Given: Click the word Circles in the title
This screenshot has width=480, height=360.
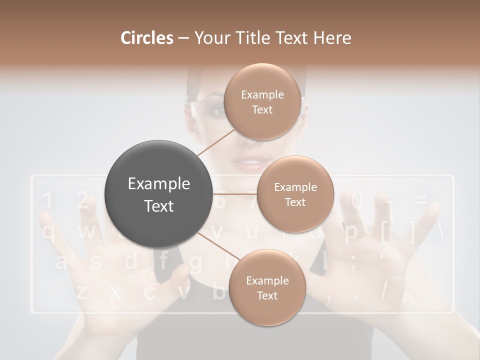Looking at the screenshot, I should [146, 38].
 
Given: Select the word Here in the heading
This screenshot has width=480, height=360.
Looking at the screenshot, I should [332, 38].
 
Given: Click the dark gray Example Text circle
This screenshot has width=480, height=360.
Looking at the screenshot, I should [159, 194].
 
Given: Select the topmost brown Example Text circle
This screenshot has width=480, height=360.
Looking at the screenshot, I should [262, 102].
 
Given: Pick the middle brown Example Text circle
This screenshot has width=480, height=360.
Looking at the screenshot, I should [295, 194].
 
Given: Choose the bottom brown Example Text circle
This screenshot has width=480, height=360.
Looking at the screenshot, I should [267, 287].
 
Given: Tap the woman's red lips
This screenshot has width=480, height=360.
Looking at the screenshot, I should [248, 164].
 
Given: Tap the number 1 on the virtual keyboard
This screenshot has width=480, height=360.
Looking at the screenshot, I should [47, 201].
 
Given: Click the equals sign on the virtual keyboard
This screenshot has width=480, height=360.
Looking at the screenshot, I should [421, 201].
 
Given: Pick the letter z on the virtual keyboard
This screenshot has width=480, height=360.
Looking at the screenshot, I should [81, 292].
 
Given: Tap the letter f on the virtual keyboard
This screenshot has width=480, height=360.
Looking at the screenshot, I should [163, 261].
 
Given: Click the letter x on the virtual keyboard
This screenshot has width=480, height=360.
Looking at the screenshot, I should [115, 292].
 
